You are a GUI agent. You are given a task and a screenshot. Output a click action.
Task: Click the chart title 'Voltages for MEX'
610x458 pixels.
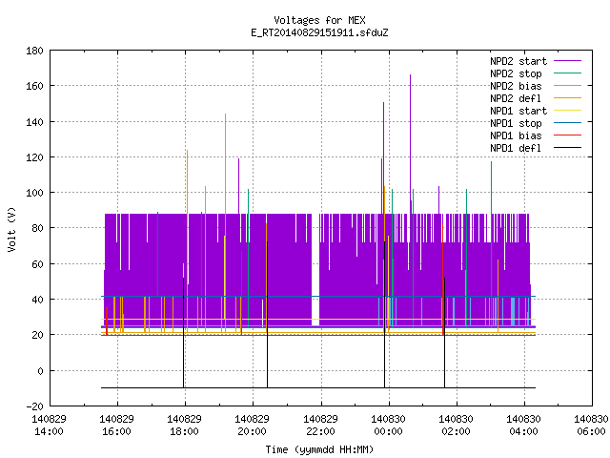coord(319,20)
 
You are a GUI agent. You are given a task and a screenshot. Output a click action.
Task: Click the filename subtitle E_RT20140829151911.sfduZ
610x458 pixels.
coord(319,32)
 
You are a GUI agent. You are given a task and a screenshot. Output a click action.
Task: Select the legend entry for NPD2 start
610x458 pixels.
coord(536,61)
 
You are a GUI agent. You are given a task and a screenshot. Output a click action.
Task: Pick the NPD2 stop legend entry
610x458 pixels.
coord(536,73)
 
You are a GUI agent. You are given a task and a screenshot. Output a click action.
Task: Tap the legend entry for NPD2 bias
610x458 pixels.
coord(536,86)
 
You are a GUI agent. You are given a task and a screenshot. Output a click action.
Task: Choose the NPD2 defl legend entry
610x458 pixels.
coord(536,98)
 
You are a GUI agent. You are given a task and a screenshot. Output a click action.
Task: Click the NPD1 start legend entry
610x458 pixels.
coord(536,111)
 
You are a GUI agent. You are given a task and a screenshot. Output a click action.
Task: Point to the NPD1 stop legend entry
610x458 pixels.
coord(536,123)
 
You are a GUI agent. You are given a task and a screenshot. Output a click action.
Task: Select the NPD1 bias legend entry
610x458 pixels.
coord(536,135)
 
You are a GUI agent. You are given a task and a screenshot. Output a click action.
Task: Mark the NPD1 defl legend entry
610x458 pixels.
coord(536,148)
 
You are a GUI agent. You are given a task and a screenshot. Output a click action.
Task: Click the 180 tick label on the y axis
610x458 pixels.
coord(34,51)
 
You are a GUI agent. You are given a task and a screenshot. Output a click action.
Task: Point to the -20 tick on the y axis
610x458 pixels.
coord(34,406)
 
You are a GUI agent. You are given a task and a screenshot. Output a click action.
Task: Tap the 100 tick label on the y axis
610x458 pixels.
coord(34,193)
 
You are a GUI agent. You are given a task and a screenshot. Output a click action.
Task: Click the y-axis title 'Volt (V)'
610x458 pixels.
coord(12,229)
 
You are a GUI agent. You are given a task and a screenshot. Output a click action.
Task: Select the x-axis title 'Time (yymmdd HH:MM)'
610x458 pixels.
coord(319,449)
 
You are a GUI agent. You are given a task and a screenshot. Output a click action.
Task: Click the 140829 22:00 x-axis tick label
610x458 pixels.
coord(321,425)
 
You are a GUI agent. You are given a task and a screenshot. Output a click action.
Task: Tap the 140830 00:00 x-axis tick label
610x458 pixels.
coord(389,425)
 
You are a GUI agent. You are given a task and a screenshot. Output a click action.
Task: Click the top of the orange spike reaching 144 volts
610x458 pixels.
coord(225,114)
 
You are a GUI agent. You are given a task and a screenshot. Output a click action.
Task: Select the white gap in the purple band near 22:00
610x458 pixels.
coord(315,269)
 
